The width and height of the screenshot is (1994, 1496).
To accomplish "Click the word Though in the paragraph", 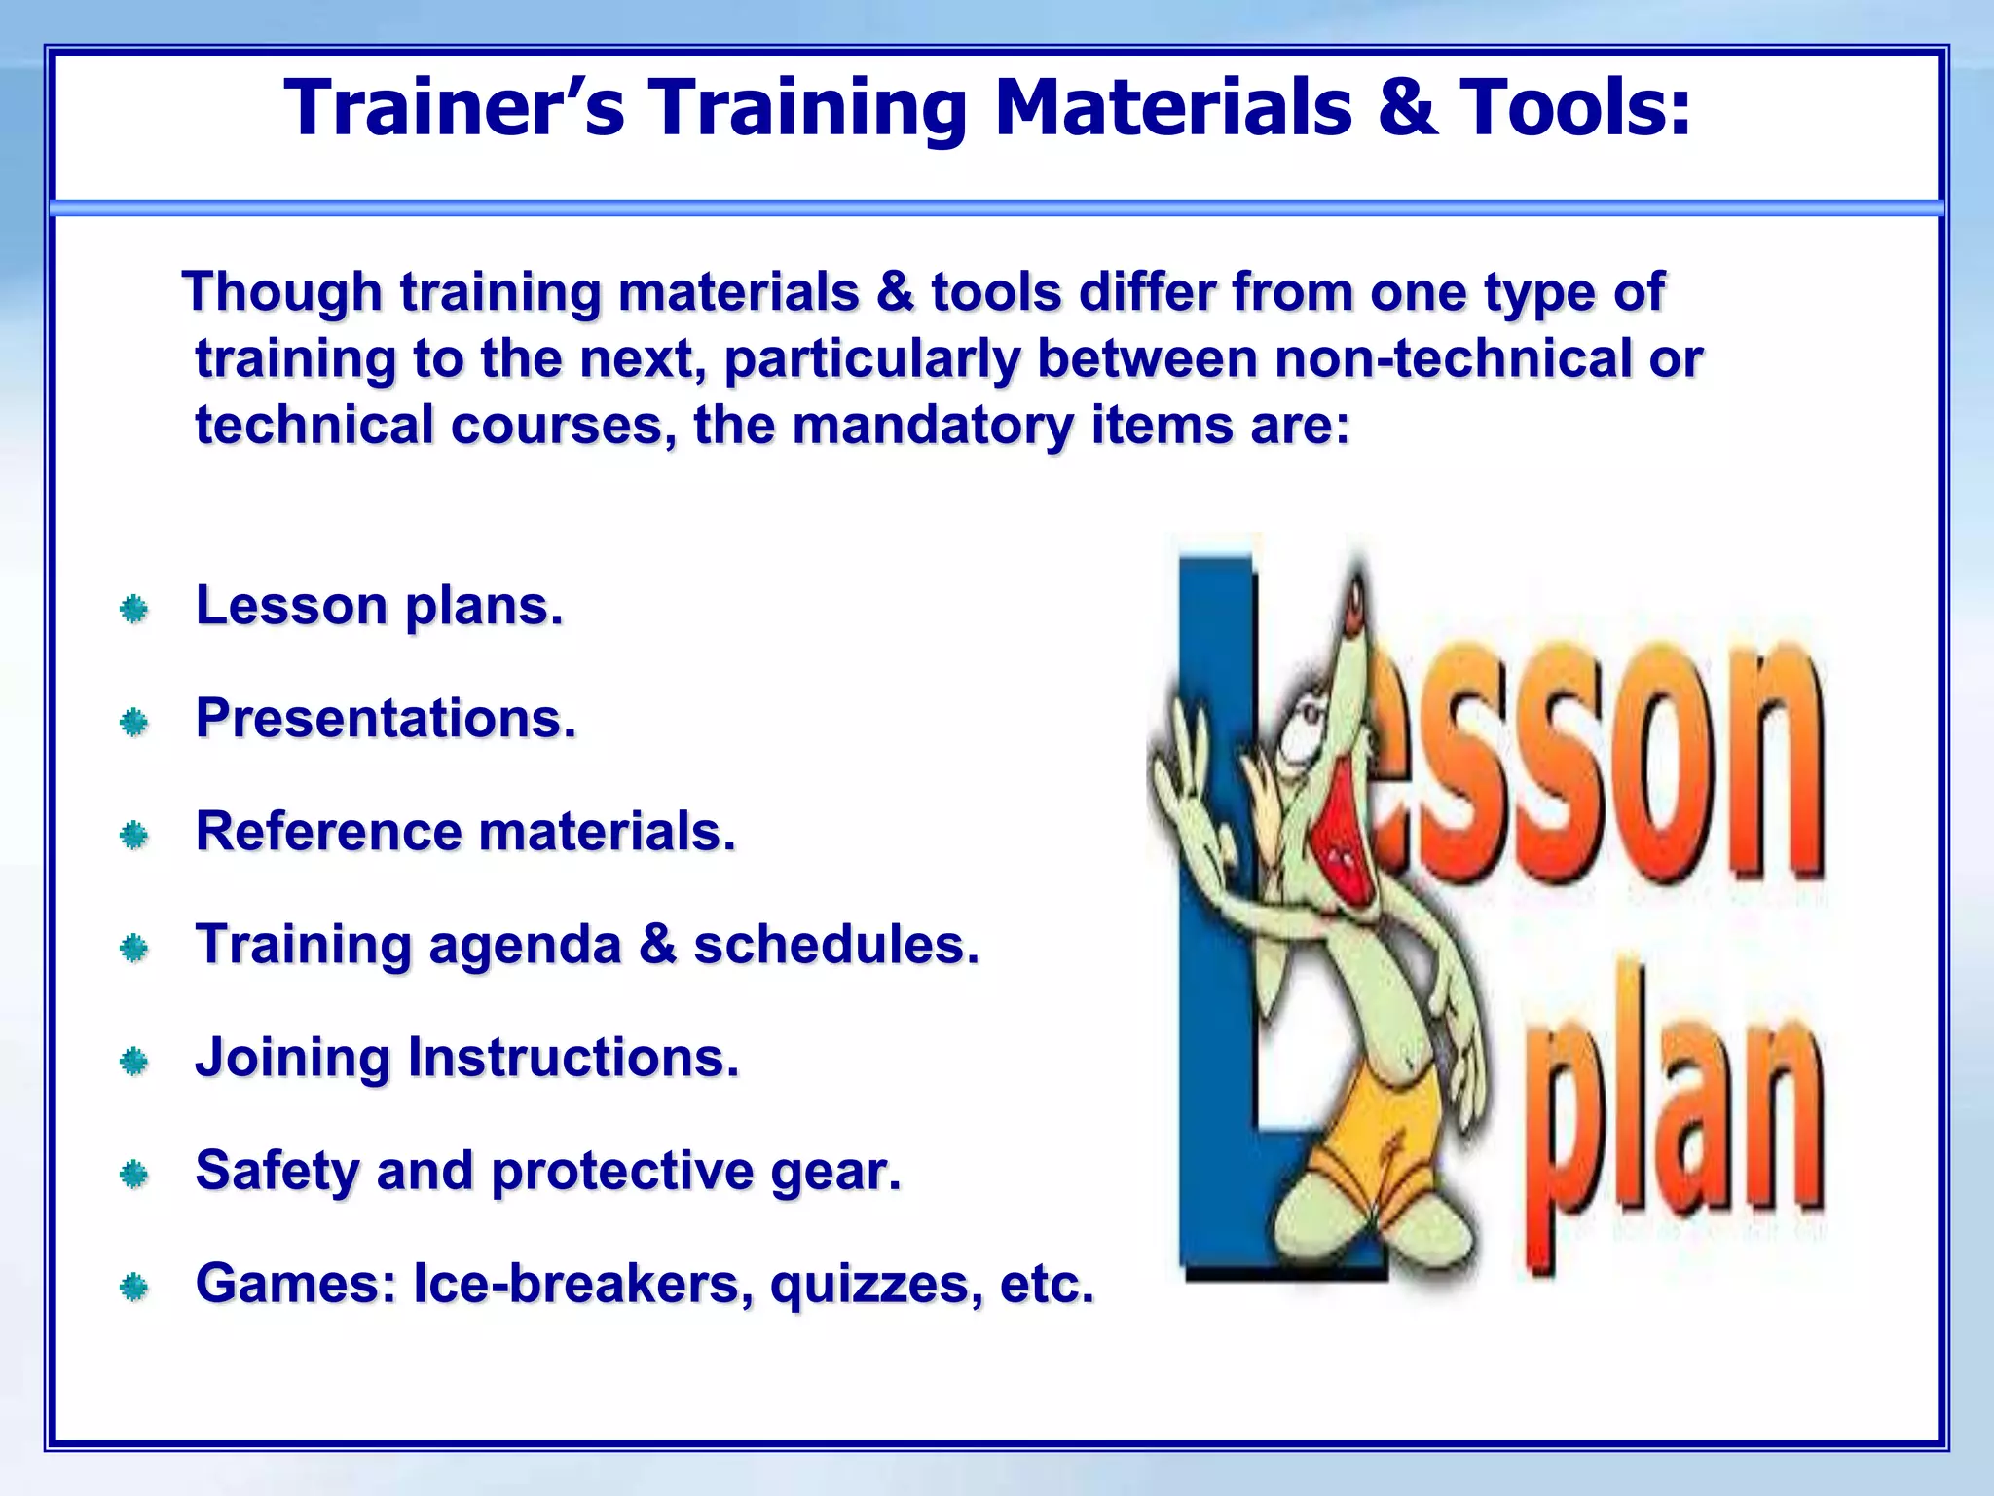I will [x=282, y=291].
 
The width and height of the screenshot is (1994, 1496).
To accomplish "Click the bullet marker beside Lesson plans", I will [x=133, y=611].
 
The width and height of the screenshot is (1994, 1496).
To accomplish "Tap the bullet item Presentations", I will [x=387, y=719].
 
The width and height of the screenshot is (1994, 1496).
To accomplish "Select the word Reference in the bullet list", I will [x=328, y=832].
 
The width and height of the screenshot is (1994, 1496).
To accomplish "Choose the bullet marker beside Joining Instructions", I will [x=133, y=1062].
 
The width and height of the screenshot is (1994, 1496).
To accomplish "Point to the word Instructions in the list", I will [x=572, y=1058].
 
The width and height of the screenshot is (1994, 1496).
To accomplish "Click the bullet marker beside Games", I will [x=133, y=1289].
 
